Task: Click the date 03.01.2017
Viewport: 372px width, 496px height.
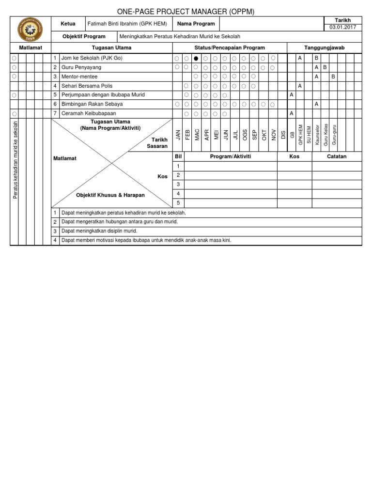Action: pos(342,27)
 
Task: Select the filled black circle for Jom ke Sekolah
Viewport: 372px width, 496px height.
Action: pos(196,58)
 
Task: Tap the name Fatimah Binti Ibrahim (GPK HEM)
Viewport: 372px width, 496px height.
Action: pos(127,24)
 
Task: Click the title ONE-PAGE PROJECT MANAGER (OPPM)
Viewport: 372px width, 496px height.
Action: pos(186,12)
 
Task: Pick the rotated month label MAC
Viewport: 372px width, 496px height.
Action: pos(197,135)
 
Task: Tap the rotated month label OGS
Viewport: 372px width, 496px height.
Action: pos(245,135)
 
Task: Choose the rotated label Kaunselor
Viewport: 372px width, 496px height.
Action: pos(317,135)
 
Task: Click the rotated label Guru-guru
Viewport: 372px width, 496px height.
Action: pos(334,135)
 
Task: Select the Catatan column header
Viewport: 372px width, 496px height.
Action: pos(337,157)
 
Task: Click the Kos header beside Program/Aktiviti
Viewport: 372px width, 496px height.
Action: pos(294,157)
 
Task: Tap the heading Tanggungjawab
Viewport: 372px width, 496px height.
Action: pos(324,47)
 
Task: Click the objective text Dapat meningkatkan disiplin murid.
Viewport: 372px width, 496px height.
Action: pos(99,231)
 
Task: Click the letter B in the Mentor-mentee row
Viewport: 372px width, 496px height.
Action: pos(333,77)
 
